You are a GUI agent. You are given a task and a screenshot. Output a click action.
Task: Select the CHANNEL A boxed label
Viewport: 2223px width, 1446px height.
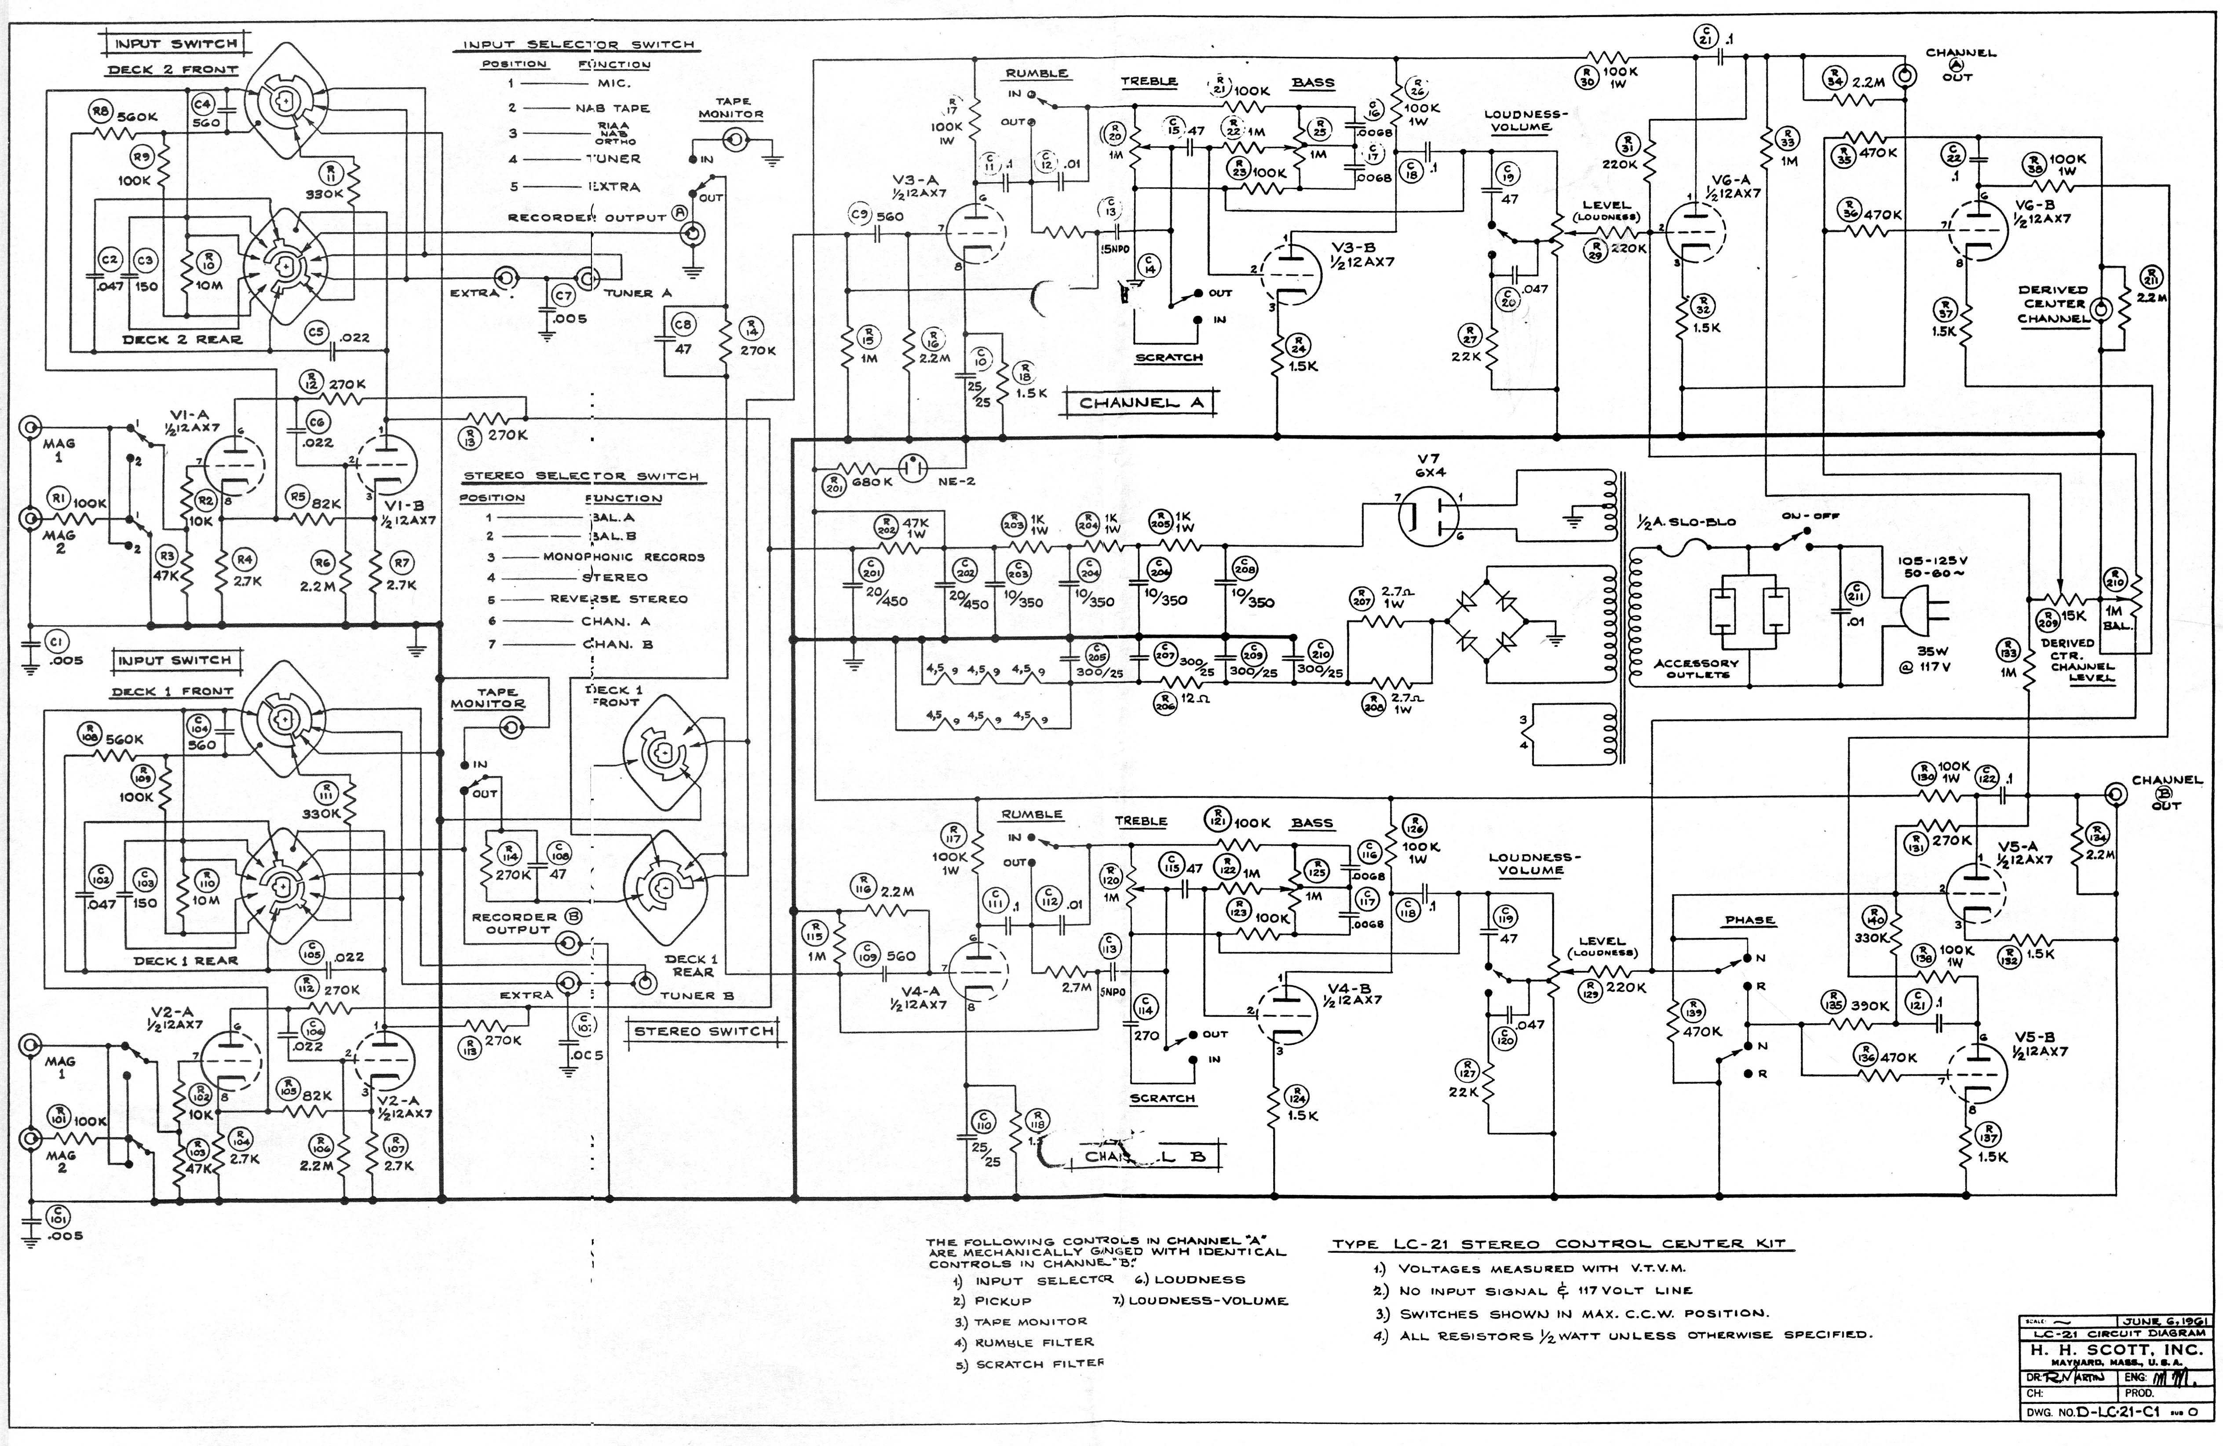click(1141, 403)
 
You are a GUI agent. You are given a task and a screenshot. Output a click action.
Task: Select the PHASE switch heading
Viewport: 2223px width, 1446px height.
click(1749, 920)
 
